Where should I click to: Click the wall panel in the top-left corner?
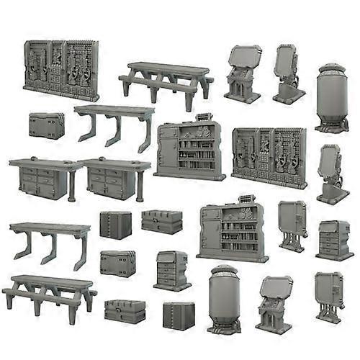coord(61,70)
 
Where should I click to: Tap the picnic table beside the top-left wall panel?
coord(166,80)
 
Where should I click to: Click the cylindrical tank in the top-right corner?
coord(331,99)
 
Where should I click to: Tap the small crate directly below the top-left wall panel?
coord(47,125)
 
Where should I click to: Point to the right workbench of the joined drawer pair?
coord(115,179)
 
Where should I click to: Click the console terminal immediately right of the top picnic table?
coord(243,73)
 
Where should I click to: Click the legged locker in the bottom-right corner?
coord(328,295)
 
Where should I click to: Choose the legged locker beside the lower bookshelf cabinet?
coord(292,224)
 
